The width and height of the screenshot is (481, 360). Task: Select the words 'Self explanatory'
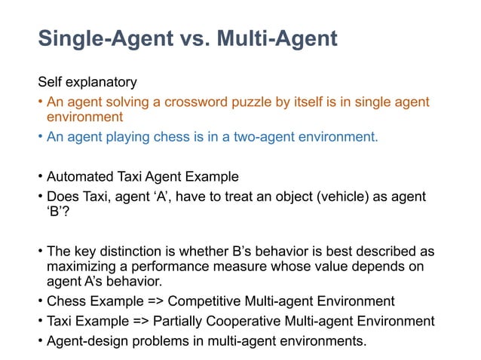87,82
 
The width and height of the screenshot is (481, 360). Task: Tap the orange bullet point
41,102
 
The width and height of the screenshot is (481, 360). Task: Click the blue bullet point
41,137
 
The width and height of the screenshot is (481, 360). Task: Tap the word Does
63,197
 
